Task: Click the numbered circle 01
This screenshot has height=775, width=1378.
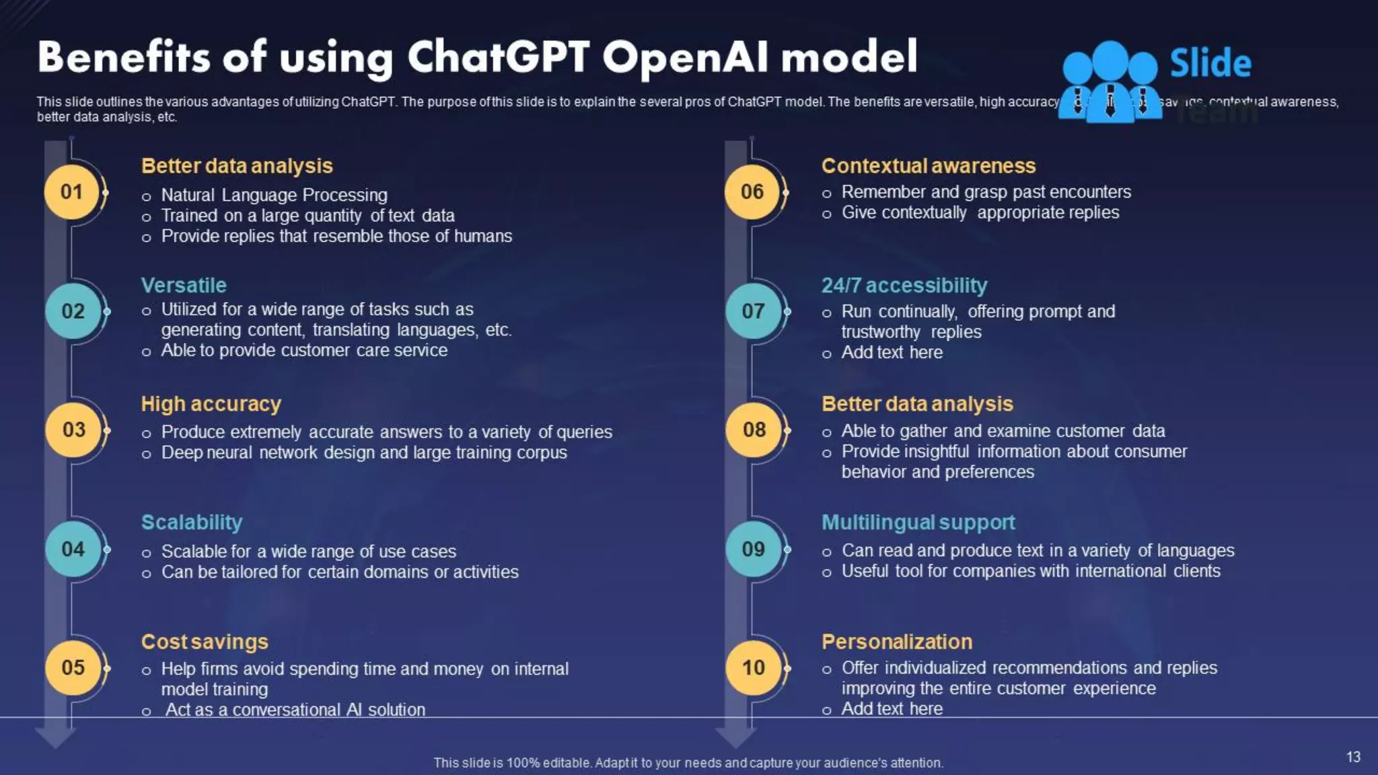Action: [x=71, y=192]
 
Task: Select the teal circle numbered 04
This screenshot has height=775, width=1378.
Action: [x=73, y=549]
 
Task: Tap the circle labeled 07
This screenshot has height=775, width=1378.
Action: [x=753, y=311]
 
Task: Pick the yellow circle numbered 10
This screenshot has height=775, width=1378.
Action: [x=753, y=667]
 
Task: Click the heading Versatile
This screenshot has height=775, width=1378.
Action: [x=184, y=285]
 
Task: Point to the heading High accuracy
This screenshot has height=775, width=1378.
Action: [x=211, y=404]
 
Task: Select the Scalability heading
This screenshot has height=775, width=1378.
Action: [x=192, y=522]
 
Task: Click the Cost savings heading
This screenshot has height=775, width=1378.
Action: [x=205, y=642]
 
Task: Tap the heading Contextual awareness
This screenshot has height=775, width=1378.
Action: [x=929, y=165]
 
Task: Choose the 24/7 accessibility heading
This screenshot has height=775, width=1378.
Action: [x=904, y=285]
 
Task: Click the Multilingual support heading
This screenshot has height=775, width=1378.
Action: [x=918, y=522]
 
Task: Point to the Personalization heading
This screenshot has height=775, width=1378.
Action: [x=897, y=642]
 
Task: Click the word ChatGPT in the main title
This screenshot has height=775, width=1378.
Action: [x=498, y=57]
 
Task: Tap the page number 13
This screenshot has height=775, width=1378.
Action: [x=1353, y=757]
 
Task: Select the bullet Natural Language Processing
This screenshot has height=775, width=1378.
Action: [x=274, y=195]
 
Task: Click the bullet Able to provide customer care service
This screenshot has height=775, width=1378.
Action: [x=304, y=350]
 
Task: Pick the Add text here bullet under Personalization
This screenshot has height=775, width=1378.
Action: [x=892, y=708]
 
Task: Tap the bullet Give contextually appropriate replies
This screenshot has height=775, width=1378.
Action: [x=980, y=213]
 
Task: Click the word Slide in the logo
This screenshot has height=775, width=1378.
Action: [x=1210, y=63]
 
